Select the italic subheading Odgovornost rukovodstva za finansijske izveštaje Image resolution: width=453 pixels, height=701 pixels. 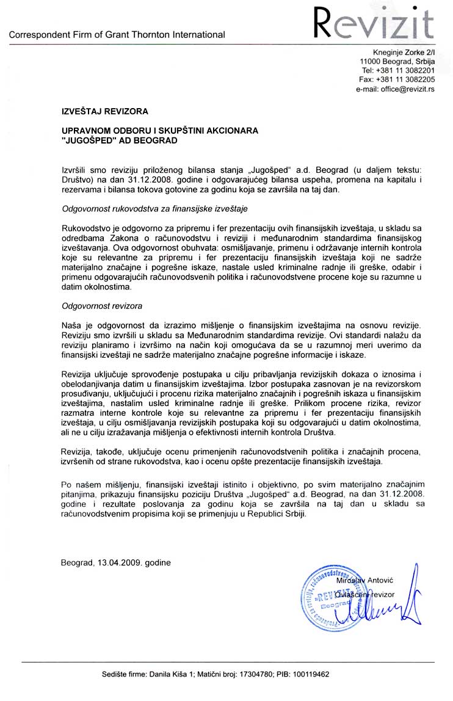[146, 209]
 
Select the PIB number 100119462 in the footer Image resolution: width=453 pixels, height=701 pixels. [311, 675]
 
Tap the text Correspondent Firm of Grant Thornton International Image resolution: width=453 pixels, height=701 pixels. [117, 35]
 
